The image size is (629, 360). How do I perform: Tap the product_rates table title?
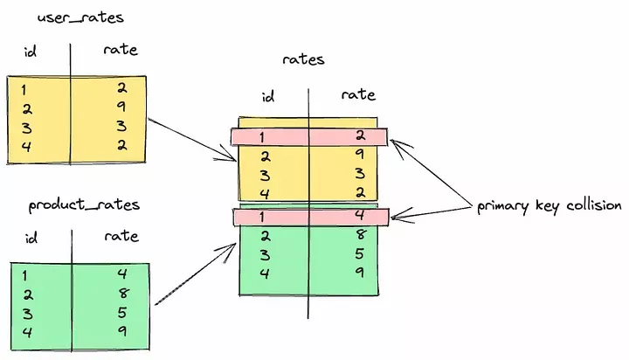[x=84, y=204]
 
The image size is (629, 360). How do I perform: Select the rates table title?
[x=304, y=59]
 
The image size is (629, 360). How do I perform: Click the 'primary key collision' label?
[x=549, y=206]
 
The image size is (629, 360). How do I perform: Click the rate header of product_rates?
[x=121, y=235]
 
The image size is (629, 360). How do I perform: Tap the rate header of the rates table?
[x=358, y=94]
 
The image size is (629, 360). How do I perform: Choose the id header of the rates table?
[x=269, y=95]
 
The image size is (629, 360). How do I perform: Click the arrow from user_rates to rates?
[x=192, y=138]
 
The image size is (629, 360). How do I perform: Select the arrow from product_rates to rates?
[x=197, y=276]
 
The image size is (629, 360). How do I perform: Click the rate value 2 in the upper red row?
[x=360, y=136]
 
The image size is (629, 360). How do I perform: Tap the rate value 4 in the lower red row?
[x=360, y=216]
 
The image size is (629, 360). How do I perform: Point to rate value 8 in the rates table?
[x=360, y=235]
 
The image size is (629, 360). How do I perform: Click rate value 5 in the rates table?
[x=360, y=255]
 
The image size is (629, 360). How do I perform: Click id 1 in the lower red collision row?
[x=263, y=216]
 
